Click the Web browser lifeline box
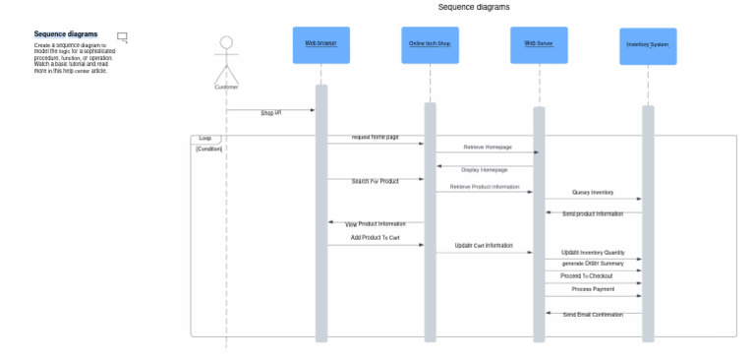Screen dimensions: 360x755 point(321,44)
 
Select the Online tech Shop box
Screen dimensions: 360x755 point(430,44)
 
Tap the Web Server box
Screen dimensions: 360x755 point(539,44)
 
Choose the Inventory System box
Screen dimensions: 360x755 point(648,45)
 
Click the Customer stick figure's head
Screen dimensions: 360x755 point(226,43)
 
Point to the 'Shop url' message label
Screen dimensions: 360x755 point(270,113)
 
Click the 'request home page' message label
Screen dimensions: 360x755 point(376,137)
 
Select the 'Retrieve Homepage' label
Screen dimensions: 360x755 point(488,147)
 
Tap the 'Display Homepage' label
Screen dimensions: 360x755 point(485,169)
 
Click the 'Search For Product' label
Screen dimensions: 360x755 point(375,181)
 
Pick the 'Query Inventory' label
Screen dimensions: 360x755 point(593,193)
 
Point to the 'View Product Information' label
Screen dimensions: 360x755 point(375,224)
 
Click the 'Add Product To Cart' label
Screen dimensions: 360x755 point(376,237)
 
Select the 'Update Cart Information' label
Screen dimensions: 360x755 point(483,245)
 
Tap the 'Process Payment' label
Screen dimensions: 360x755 point(593,289)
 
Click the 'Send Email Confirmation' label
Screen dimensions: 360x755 point(593,315)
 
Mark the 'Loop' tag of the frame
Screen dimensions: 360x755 point(205,139)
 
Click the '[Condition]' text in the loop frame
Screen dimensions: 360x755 point(208,149)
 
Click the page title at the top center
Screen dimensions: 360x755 point(474,7)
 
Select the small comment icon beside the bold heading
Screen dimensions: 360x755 point(122,37)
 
